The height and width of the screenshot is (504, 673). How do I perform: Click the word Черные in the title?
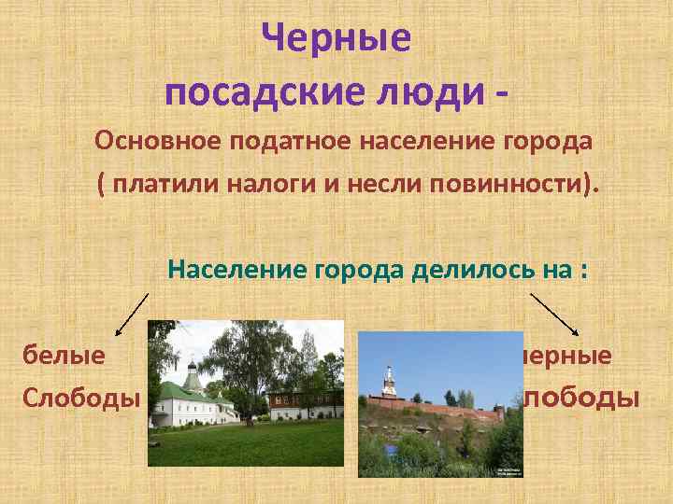coord(336,39)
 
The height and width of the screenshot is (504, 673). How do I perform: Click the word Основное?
coord(153,142)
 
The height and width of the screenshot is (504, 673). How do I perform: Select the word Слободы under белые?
coord(81,399)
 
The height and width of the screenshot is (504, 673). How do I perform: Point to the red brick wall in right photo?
coord(439,411)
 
